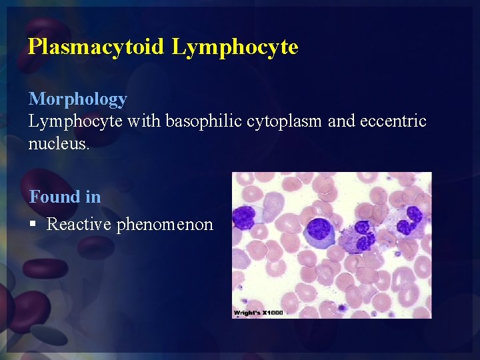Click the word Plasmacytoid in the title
coord(96,47)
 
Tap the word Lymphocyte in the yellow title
coord(234,47)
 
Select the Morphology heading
coord(77,99)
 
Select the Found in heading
coord(65,197)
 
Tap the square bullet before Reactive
coord(33,225)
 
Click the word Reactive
coord(79,225)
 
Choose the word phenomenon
coord(165,225)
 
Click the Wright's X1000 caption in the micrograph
coord(258,313)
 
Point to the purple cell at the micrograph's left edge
coord(243,217)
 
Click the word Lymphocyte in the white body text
coord(74,121)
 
